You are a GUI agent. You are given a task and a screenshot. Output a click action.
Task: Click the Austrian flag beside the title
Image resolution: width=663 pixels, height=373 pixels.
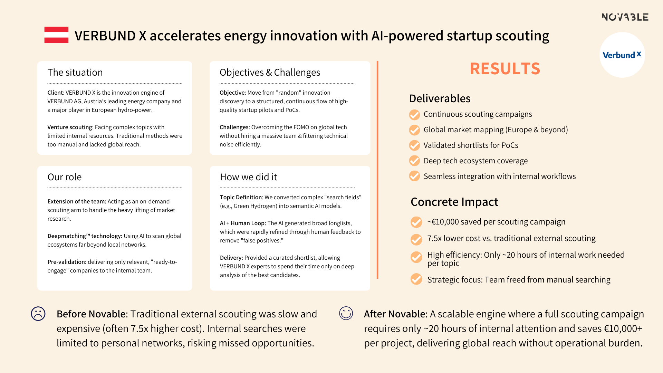point(56,35)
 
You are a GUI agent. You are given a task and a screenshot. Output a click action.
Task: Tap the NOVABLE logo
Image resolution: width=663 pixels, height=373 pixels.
point(625,17)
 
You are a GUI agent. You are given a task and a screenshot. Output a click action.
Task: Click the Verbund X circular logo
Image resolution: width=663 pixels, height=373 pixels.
point(622,55)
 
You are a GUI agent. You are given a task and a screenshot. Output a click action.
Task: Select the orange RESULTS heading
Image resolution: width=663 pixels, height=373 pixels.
point(505,68)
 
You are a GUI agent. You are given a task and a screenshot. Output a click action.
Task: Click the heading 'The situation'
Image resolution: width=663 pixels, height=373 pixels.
point(75,73)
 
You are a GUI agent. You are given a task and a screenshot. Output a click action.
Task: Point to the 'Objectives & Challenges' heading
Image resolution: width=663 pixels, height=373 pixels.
point(270,73)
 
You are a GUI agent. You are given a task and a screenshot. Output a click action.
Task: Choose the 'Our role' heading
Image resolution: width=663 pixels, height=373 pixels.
point(65,177)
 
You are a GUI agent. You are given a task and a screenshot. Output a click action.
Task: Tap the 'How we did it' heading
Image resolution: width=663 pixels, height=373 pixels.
point(249,177)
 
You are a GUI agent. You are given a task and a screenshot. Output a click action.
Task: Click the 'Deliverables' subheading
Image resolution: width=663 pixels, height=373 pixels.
point(440,98)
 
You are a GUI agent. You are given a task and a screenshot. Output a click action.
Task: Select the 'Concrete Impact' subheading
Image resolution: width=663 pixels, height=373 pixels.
point(454,202)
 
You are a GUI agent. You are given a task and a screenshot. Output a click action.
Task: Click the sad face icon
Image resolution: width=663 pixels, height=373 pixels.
point(38,314)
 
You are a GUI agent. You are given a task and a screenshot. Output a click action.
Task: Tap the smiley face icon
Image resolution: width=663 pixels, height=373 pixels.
point(346,313)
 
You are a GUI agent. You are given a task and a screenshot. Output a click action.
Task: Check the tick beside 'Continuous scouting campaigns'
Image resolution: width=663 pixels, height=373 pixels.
point(414,115)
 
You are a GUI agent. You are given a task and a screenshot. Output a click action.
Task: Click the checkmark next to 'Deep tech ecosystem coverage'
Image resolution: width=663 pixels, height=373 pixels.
point(414,161)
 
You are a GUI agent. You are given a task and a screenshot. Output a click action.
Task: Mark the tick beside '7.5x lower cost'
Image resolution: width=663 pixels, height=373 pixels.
point(416,239)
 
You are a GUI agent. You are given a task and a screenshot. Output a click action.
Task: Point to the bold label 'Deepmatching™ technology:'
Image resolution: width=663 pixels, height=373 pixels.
point(85,236)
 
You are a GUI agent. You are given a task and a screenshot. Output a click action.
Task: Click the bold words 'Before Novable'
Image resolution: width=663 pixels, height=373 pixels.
point(91,314)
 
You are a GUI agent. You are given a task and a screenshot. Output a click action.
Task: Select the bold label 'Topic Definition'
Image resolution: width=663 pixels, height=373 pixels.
point(241,197)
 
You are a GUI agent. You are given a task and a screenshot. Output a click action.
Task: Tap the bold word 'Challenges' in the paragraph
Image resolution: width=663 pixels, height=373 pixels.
point(234,127)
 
